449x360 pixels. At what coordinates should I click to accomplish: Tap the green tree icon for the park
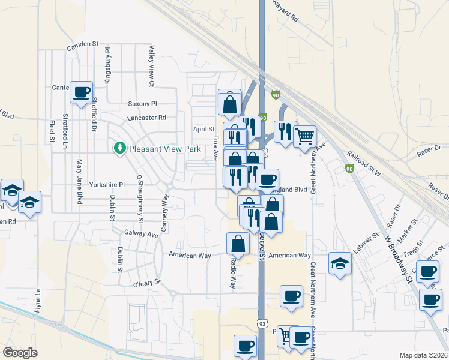[x=119, y=148]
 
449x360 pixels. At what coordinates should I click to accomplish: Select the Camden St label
[x=82, y=44]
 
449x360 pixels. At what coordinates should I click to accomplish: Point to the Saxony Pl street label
[x=142, y=104]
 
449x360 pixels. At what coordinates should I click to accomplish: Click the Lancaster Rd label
[x=146, y=118]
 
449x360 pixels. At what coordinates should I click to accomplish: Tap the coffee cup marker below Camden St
[x=82, y=92]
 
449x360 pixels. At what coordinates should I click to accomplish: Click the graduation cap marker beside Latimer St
[x=340, y=263]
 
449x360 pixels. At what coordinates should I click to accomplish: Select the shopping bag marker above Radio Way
[x=238, y=243]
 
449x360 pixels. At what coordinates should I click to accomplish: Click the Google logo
[x=20, y=353]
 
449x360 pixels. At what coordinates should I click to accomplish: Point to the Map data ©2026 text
[x=424, y=355]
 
